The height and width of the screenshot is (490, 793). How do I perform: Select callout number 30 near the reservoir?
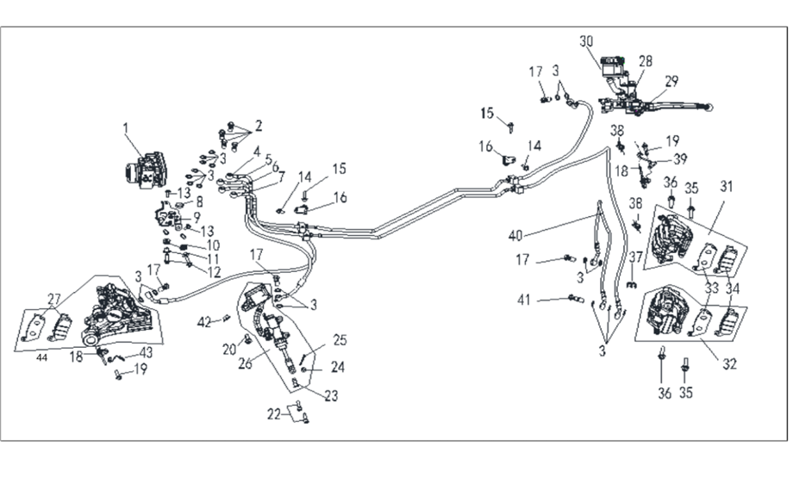[587, 42]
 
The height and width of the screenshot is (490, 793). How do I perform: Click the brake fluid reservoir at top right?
[613, 68]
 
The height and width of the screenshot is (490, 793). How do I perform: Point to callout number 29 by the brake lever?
[671, 81]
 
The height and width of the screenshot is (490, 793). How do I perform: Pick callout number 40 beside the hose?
[515, 236]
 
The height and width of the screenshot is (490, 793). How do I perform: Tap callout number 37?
[636, 257]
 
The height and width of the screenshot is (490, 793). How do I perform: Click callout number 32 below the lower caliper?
[729, 363]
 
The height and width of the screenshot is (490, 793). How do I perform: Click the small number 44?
[41, 356]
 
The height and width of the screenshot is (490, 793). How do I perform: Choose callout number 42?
[204, 322]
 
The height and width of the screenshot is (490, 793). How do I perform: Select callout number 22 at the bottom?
[273, 414]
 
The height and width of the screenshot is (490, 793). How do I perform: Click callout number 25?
[340, 339]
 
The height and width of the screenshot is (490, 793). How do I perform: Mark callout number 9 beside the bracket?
[197, 216]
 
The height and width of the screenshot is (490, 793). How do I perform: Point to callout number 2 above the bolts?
[258, 125]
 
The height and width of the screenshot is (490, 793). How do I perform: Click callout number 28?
[646, 61]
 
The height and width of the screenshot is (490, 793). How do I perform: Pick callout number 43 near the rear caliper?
[147, 351]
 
